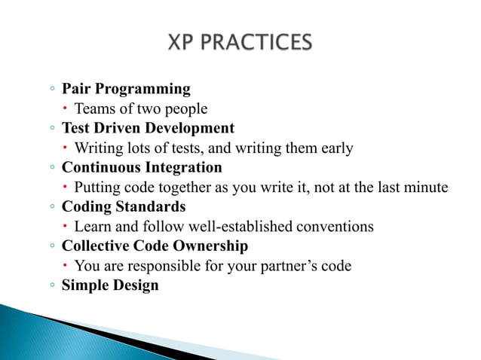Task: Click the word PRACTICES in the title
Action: tap(256, 42)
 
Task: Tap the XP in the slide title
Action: tap(180, 42)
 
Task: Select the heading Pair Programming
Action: tap(126, 89)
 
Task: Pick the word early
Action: tap(337, 148)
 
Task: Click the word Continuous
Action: tap(101, 167)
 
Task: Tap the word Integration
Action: tap(183, 168)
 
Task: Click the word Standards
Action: tap(150, 206)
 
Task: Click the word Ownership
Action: tap(210, 246)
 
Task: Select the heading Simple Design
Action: tap(110, 285)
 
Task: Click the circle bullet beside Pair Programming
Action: tap(52, 89)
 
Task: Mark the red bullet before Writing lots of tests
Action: tap(65, 148)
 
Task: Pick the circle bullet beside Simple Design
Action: tap(52, 285)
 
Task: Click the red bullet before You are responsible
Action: tap(65, 265)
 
